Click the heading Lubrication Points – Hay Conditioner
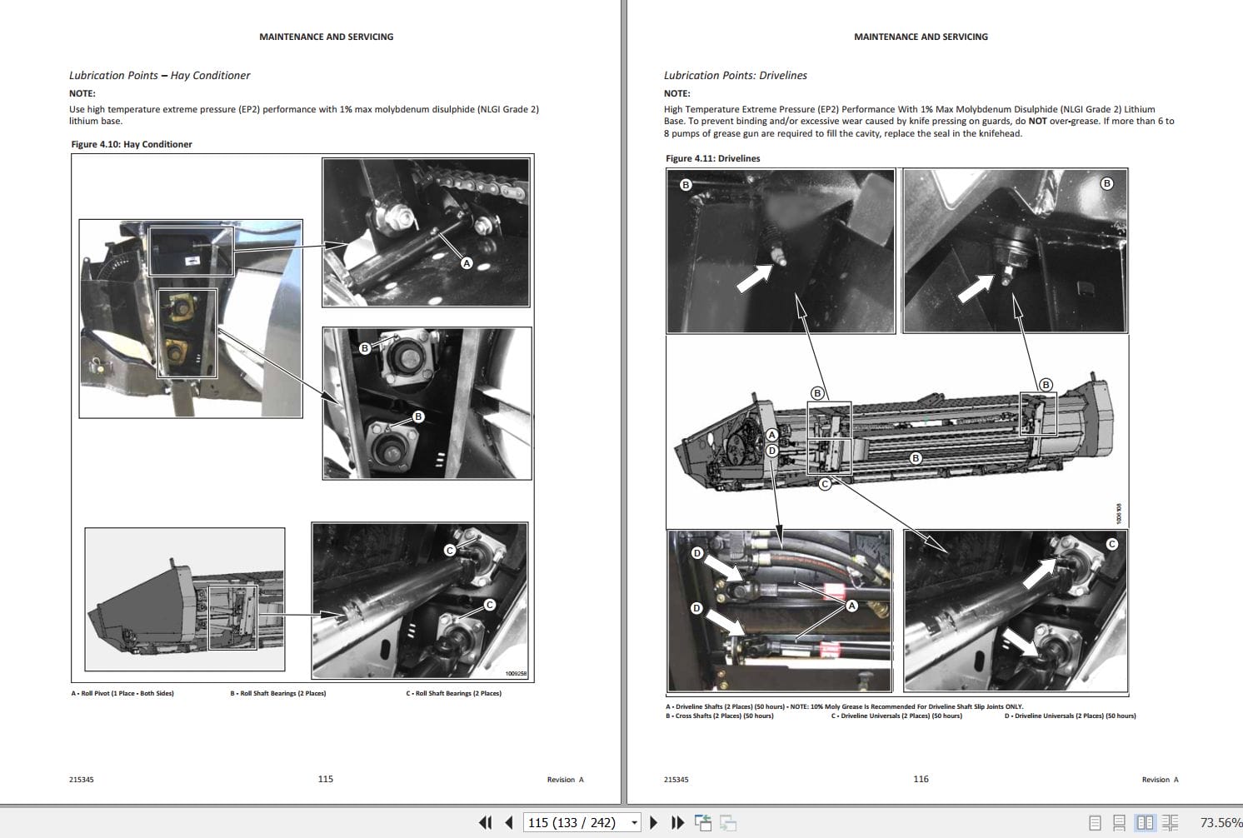point(159,75)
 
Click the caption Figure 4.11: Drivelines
point(712,158)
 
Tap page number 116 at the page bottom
point(920,779)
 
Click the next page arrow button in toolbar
point(653,822)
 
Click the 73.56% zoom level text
point(1220,822)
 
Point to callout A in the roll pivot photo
point(467,263)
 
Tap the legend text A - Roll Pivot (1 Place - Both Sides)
point(122,693)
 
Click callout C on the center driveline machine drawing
point(825,483)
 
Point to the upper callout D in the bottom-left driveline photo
point(697,553)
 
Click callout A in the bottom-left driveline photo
point(851,606)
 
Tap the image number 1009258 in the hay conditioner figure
point(516,673)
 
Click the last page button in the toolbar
point(677,822)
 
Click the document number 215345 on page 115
point(82,780)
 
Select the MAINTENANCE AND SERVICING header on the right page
point(920,37)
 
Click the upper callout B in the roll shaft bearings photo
point(364,348)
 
